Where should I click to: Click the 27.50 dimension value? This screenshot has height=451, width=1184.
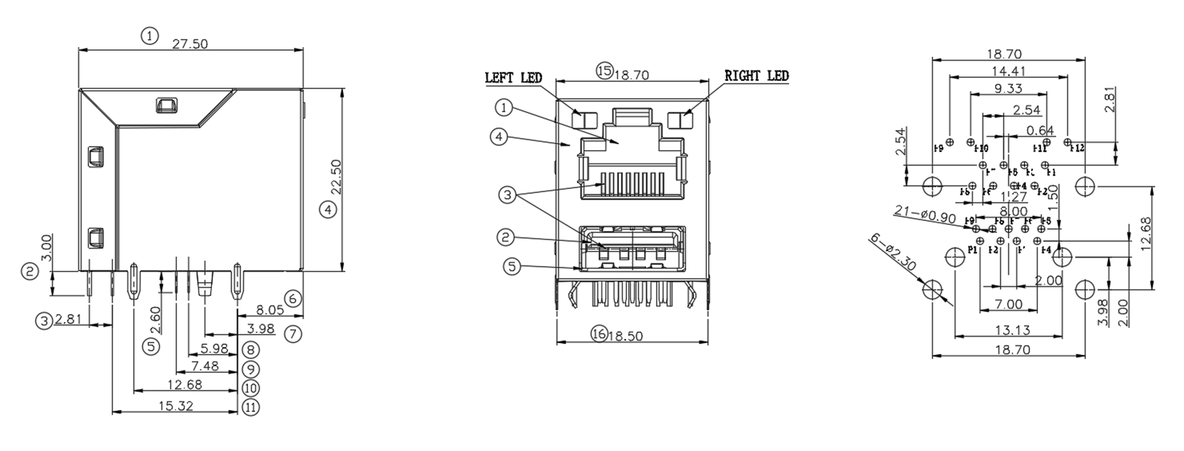[190, 44]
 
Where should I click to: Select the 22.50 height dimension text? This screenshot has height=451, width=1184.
[337, 176]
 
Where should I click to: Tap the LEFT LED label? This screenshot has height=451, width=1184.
[513, 78]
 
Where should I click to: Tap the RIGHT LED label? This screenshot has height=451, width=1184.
[756, 76]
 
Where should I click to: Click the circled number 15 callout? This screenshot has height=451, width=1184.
[604, 70]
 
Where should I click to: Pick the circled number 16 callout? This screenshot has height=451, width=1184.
[599, 334]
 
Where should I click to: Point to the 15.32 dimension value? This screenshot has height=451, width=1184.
[176, 405]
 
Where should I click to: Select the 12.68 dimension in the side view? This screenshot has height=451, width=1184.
[184, 384]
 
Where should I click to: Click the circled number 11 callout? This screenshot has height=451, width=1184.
[251, 407]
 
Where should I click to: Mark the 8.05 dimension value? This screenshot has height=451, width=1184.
[270, 309]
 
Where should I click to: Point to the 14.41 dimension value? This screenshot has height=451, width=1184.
[1009, 71]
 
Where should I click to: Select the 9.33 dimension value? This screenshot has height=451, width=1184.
[1008, 89]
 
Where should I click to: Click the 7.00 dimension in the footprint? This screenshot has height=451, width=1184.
[1009, 304]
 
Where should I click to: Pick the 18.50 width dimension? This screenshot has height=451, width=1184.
[625, 335]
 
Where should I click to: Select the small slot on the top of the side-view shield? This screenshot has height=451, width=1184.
[166, 105]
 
